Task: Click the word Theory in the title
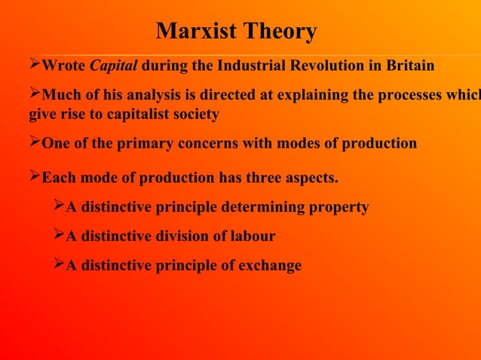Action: click(278, 32)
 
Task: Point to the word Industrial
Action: click(247, 66)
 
